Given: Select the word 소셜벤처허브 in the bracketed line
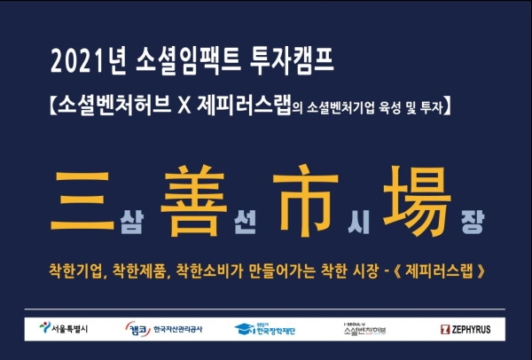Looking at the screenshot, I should pyautogui.click(x=112, y=107).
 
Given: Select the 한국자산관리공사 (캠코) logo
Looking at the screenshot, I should pyautogui.click(x=165, y=329).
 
